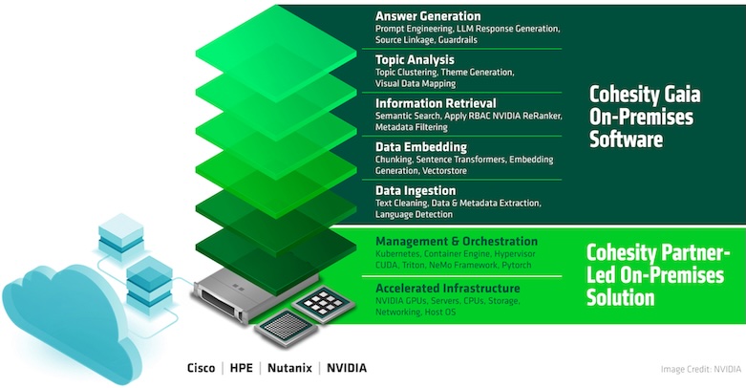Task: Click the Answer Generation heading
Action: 428,16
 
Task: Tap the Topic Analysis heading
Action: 415,60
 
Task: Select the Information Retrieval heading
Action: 436,103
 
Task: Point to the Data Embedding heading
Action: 421,146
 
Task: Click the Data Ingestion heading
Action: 416,190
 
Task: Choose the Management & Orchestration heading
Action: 457,242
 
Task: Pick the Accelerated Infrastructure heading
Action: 447,288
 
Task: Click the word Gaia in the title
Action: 683,95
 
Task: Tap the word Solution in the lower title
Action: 621,297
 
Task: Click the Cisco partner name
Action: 201,368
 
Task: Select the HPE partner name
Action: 242,368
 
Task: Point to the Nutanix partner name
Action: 289,368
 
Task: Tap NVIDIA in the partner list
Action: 347,368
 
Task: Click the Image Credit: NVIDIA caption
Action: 701,369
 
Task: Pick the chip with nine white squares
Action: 324,304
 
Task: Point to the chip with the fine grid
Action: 286,328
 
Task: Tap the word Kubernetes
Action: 397,254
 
